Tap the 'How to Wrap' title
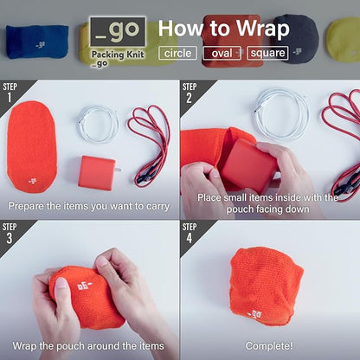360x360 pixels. pyautogui.click(x=223, y=29)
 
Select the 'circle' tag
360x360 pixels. pyautogui.click(x=177, y=54)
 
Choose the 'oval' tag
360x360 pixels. pyautogui.click(x=221, y=54)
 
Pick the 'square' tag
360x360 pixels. pyautogui.click(x=267, y=54)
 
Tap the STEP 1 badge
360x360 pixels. pyautogui.click(x=12, y=92)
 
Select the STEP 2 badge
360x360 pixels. pyautogui.click(x=192, y=92)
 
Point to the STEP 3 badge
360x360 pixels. pyautogui.click(x=12, y=232)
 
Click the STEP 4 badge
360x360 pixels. pyautogui.click(x=192, y=232)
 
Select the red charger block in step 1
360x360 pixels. pyautogui.click(x=95, y=171)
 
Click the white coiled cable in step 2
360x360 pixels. pyautogui.click(x=281, y=113)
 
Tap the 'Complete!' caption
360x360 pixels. pyautogui.click(x=269, y=346)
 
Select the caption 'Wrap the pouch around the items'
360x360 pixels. pyautogui.click(x=89, y=346)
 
